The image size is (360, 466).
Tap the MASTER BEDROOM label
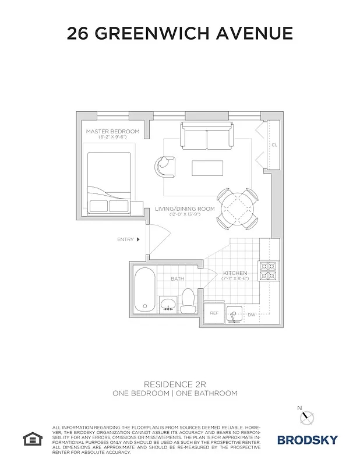pos(112,132)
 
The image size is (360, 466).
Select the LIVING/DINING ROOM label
pos(185,209)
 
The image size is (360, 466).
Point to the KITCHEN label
pos(235,273)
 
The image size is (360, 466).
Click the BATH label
pos(178,279)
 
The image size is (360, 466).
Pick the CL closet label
pos(274,145)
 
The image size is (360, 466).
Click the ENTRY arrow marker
pos(138,239)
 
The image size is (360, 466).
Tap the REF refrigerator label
pos(214,313)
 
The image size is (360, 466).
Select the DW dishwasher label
pos(251,315)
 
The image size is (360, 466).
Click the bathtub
pos(144,290)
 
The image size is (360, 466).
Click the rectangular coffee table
pos(207,167)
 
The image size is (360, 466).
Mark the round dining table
pos(237,208)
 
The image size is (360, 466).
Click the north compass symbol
pos(308,416)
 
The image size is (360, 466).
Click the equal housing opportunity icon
pos(30,438)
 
